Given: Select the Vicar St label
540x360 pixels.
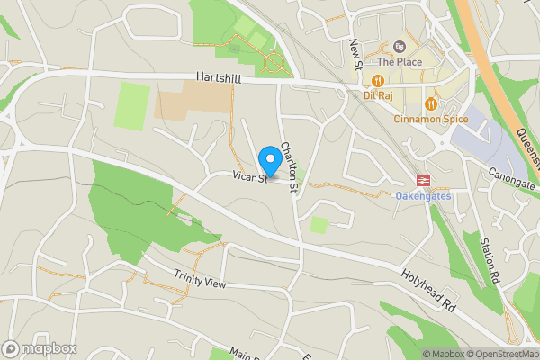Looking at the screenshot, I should coord(248,178).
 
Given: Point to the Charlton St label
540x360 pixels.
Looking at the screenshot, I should coord(290,160).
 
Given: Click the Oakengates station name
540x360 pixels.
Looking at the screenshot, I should coord(423,194).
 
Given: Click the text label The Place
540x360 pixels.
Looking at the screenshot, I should coord(400,62).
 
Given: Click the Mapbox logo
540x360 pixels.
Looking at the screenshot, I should coord(40,347).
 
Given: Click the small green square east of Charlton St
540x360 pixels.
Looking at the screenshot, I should coord(319,224).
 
